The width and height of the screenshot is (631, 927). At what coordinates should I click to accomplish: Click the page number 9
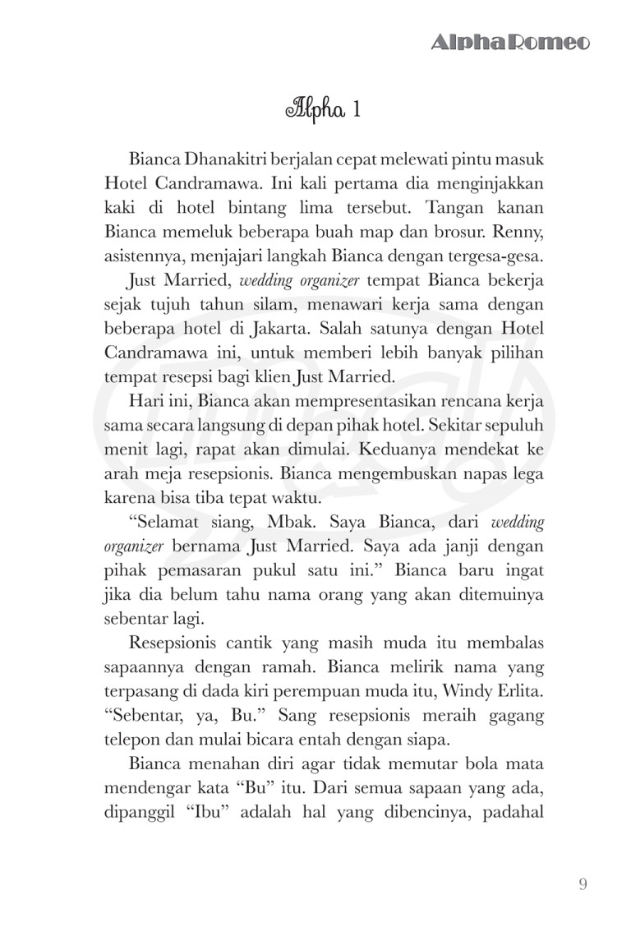pyautogui.click(x=582, y=885)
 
